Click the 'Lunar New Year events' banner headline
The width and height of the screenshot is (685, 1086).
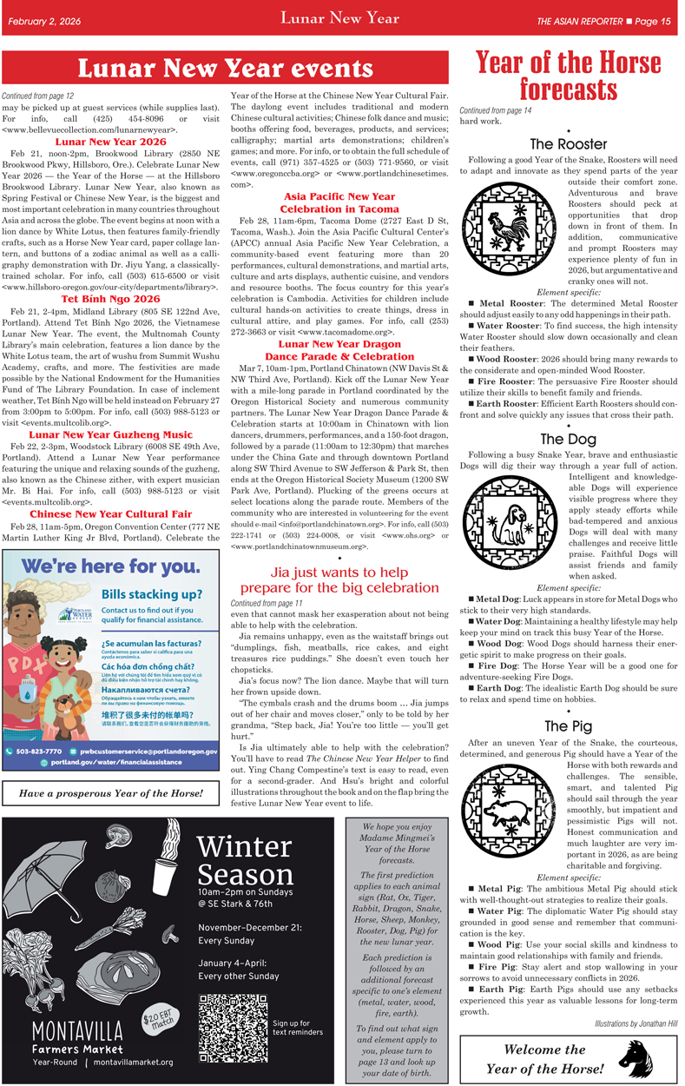coord(226,69)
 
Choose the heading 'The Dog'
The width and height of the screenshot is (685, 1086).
coord(569,439)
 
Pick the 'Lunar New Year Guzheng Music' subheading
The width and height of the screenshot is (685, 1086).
coord(110,434)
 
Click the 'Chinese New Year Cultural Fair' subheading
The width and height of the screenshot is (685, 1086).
coord(110,514)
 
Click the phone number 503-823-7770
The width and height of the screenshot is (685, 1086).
coord(38,750)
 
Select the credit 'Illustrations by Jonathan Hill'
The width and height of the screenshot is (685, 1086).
coord(636,1023)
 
